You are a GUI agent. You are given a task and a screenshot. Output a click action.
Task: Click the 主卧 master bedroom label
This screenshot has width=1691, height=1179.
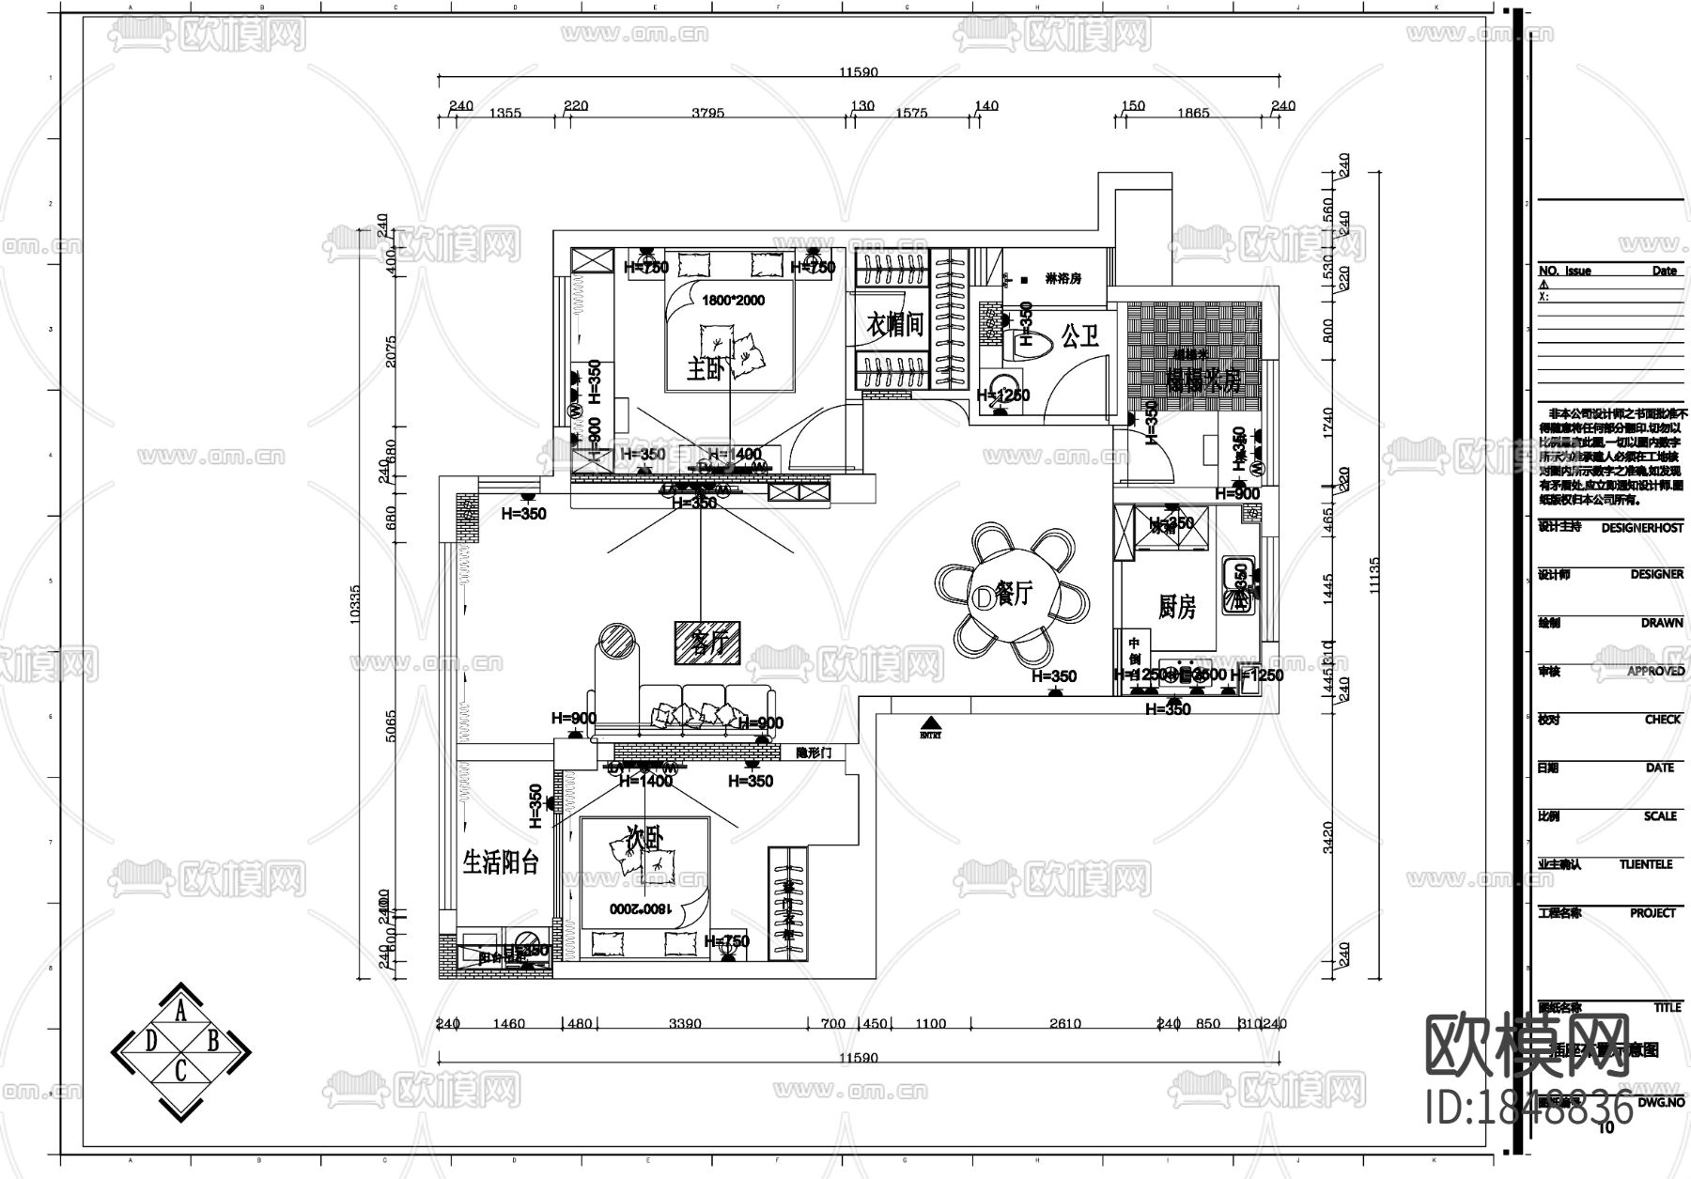point(706,369)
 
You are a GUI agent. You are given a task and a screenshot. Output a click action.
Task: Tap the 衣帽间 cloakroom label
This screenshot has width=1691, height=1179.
point(894,325)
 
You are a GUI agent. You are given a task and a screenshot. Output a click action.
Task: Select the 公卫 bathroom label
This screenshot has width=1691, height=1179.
point(1080,335)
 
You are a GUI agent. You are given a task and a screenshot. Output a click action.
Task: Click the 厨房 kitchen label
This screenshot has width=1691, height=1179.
point(1176,608)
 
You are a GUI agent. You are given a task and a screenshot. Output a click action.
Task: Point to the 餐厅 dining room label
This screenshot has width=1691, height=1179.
point(1014,594)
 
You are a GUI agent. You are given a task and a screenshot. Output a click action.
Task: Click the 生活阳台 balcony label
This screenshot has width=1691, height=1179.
point(501,861)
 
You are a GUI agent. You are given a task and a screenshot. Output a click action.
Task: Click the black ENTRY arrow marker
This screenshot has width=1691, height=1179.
point(930,724)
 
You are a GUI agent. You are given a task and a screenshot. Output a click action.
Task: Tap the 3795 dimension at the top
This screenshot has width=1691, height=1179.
point(707,113)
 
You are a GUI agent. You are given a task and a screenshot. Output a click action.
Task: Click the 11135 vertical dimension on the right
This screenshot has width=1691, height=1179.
point(1374,575)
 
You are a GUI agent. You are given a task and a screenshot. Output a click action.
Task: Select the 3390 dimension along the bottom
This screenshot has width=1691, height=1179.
point(685,1024)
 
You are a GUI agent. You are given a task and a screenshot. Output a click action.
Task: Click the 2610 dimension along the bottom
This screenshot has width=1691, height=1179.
point(1064,1024)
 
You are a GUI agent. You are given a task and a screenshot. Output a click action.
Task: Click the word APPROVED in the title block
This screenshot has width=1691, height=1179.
point(1655,671)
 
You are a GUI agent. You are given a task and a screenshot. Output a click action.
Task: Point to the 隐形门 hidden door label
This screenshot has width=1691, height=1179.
point(814,753)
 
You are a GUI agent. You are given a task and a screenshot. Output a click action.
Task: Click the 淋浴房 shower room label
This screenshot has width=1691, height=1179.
point(1063,279)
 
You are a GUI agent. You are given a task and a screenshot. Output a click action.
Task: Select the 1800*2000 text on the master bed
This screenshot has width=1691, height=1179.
point(734,302)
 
